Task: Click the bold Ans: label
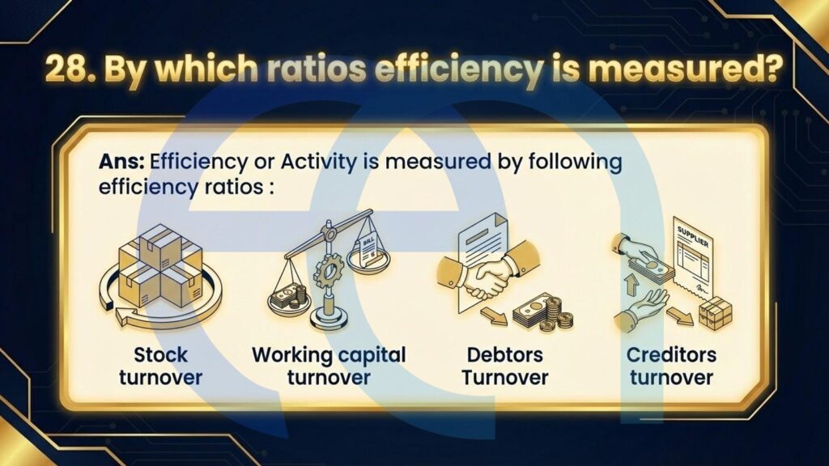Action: (121, 161)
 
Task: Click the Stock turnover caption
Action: (161, 366)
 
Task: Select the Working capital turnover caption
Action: (329, 366)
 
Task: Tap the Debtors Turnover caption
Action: (505, 366)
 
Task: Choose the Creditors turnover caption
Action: (671, 366)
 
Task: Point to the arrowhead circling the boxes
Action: (125, 318)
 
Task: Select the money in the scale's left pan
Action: (289, 299)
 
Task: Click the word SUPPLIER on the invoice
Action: (693, 235)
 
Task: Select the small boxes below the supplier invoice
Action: (716, 313)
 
